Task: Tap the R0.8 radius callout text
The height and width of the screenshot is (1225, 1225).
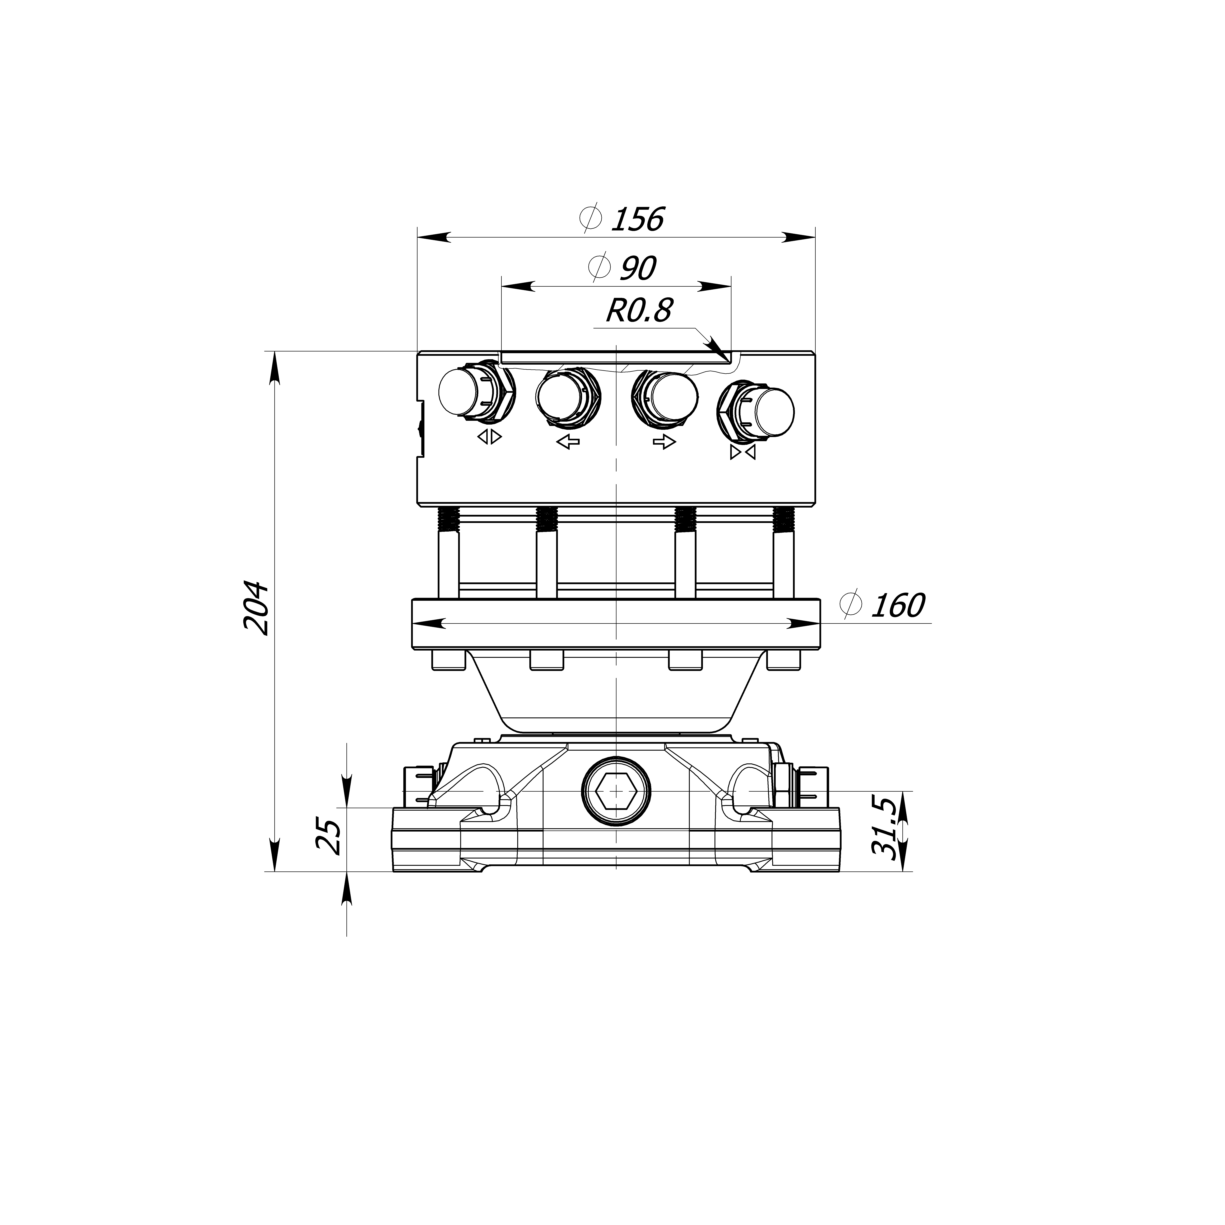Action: pos(638,311)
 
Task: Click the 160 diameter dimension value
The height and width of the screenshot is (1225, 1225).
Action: pos(898,606)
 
